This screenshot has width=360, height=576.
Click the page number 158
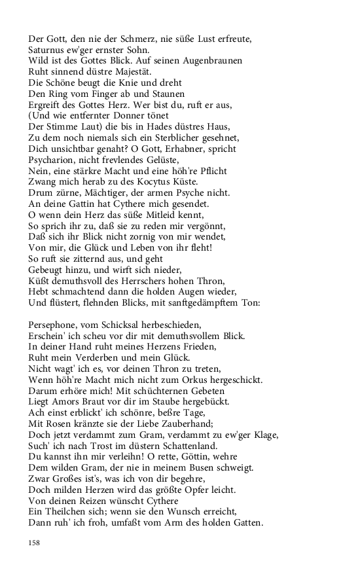(34, 543)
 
